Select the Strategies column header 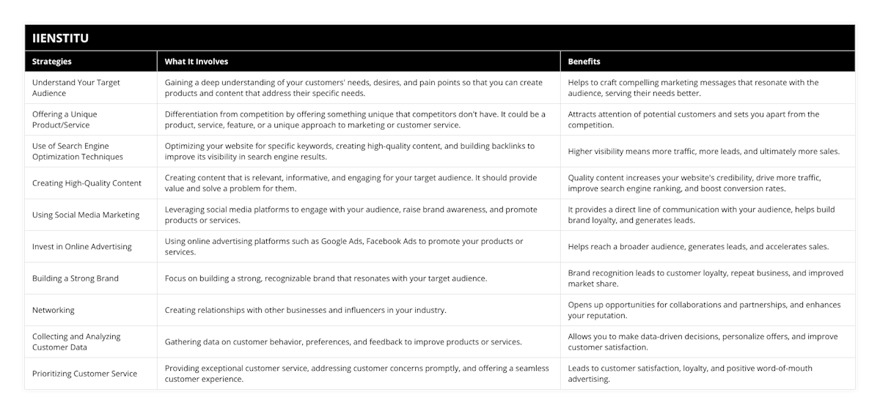52,62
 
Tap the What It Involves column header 197,62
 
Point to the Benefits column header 584,62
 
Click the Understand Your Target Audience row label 76,88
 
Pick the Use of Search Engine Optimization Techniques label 78,151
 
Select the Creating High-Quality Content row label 87,183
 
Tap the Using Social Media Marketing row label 86,215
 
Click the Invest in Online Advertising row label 82,247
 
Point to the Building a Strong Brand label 76,278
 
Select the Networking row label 54,310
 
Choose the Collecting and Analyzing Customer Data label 76,341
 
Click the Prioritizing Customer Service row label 84,374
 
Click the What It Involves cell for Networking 306,310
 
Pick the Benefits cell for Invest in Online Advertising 698,247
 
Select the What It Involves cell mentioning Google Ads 344,247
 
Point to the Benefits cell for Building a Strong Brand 705,278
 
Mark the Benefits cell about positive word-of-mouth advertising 690,374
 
